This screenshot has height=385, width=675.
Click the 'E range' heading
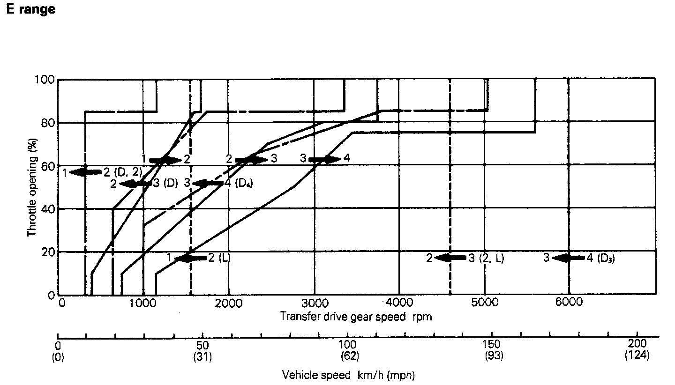30,9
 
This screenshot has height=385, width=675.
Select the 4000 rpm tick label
399,303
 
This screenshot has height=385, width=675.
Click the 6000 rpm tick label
569,303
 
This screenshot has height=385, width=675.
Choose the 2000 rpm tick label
229,303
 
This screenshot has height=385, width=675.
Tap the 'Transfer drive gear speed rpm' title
356,317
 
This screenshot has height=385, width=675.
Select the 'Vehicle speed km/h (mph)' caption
348,375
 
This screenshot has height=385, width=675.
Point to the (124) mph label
637,356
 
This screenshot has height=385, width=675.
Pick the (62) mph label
348,356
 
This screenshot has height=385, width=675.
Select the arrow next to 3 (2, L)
450,258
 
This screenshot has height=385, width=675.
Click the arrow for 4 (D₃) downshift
568,258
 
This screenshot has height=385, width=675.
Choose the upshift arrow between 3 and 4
324,159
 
